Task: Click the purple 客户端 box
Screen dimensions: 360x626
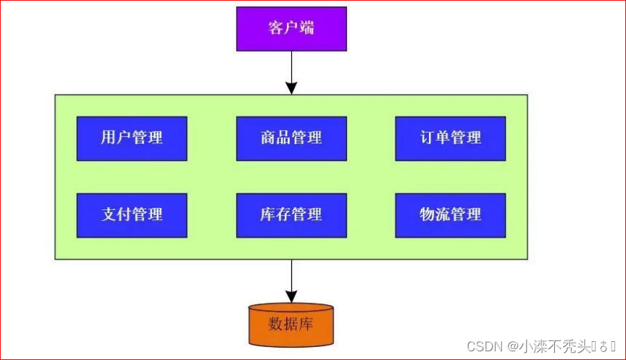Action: tap(291, 29)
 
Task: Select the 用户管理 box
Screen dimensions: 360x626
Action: tap(132, 138)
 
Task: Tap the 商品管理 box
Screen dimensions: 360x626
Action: tap(291, 138)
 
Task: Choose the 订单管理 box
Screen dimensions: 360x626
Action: tap(450, 138)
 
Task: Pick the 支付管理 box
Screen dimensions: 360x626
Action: tap(132, 214)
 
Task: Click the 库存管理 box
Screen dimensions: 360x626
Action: tap(291, 214)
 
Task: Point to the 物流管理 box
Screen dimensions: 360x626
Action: tap(450, 214)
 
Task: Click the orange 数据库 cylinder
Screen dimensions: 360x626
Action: tap(291, 324)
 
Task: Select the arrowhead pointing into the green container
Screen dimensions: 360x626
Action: tap(291, 88)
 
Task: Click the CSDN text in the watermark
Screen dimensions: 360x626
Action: tap(484, 346)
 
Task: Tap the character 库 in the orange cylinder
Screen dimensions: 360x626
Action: tap(306, 324)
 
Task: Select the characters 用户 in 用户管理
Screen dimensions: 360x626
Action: tap(116, 138)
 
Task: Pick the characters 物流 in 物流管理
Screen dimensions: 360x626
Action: tap(435, 214)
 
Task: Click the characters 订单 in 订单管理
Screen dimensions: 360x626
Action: tap(435, 138)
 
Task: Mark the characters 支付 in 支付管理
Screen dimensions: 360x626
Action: tap(116, 214)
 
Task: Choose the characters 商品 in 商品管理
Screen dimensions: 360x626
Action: tap(276, 138)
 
